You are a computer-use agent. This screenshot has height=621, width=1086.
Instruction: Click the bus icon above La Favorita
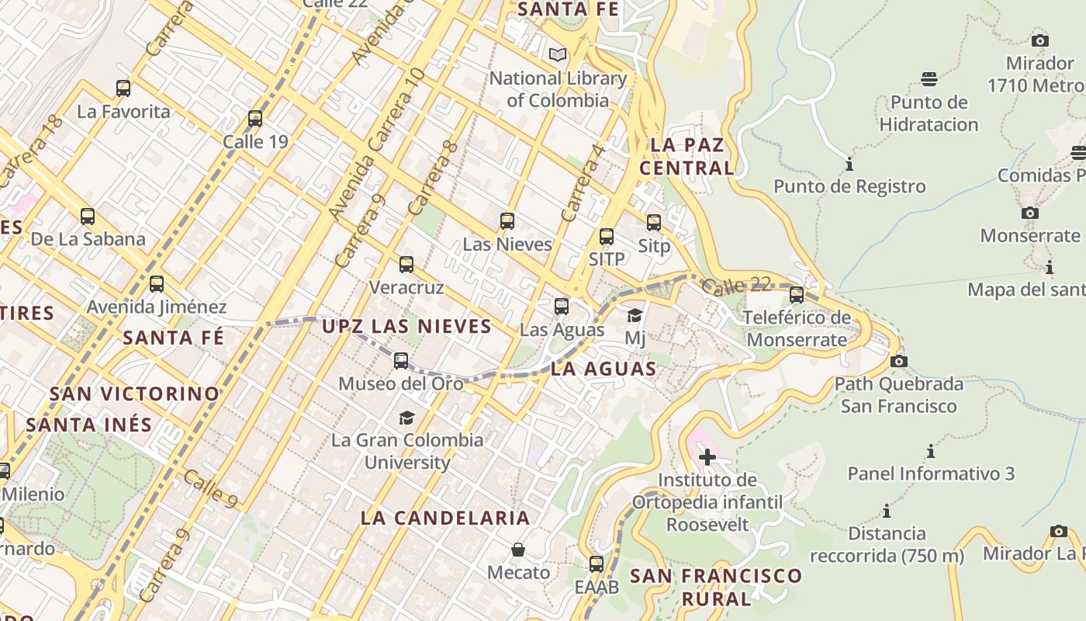[123, 88]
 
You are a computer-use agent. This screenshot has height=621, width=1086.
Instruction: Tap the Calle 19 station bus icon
[255, 119]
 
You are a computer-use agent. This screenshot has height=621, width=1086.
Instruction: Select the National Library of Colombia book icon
[557, 54]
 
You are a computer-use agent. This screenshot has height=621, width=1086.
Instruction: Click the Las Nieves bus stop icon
[507, 221]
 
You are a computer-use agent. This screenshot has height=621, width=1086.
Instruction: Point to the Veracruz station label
[406, 287]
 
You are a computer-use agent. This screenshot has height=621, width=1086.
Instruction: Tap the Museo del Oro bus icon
[401, 361]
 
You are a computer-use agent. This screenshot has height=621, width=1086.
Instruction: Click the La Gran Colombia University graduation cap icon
[406, 418]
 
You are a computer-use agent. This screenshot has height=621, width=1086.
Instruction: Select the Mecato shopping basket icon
[518, 550]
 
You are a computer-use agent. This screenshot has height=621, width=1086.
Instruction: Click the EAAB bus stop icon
[597, 564]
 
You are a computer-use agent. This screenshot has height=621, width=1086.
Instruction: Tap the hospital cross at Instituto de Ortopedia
[707, 457]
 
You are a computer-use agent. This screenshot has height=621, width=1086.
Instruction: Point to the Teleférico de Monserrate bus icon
[797, 295]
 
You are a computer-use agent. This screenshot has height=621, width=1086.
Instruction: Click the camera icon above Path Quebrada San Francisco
[899, 361]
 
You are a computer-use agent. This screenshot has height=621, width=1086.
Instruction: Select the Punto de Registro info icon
[849, 165]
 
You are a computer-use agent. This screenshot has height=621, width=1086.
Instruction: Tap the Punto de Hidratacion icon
[929, 78]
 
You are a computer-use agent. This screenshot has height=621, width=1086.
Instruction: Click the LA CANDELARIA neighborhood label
[445, 518]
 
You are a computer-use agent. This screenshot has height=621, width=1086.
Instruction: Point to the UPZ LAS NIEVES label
[406, 326]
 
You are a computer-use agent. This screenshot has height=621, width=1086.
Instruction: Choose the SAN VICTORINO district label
[135, 394]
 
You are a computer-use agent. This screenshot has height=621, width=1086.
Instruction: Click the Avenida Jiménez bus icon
[157, 284]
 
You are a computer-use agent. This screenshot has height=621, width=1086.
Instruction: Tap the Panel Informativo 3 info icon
[931, 452]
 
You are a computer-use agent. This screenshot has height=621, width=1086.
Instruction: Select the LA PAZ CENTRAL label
[687, 156]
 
